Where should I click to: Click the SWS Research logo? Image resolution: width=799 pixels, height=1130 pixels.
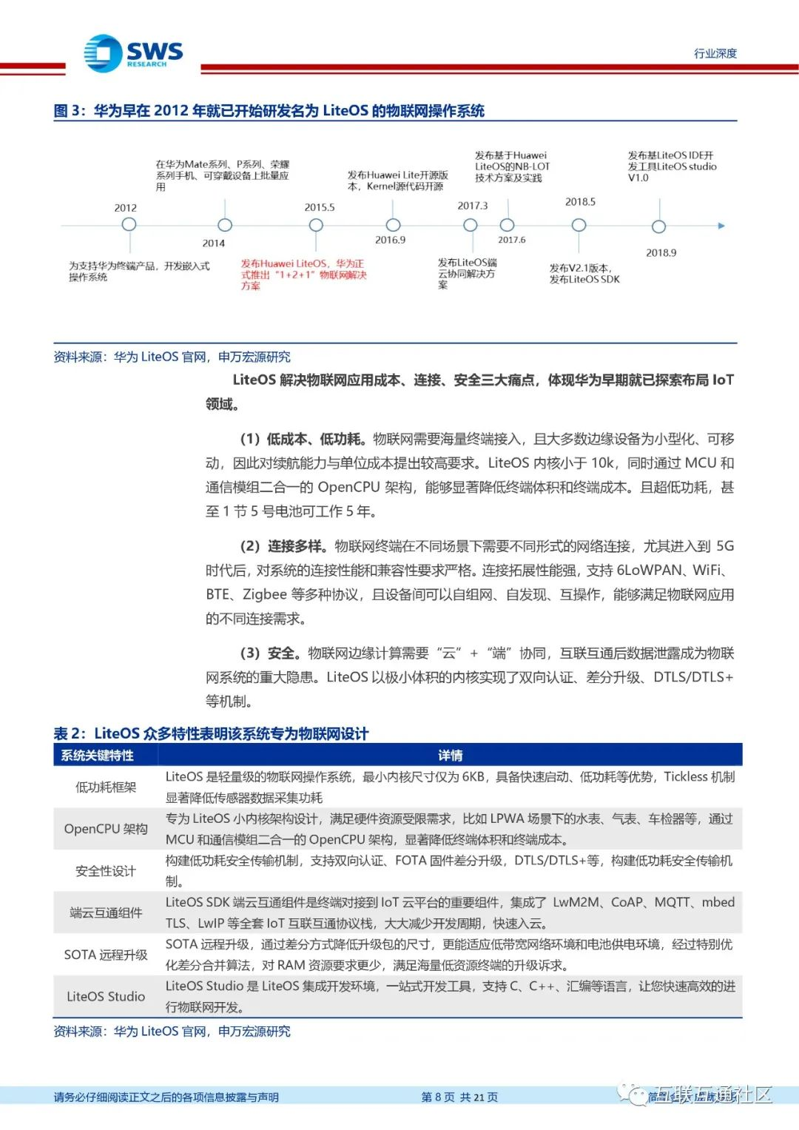pyautogui.click(x=133, y=53)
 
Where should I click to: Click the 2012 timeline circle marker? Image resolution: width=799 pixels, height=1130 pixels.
pyautogui.click(x=129, y=224)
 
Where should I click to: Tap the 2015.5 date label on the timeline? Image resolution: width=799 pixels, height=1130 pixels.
pyautogui.click(x=320, y=207)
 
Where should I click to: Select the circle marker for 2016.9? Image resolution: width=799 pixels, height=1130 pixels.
pyautogui.click(x=394, y=225)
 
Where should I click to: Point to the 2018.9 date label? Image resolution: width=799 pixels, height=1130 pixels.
pyautogui.click(x=661, y=252)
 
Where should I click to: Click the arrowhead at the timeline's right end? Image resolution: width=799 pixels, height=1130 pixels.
pyautogui.click(x=721, y=226)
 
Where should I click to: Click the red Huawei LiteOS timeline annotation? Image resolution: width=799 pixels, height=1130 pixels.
pyautogui.click(x=303, y=274)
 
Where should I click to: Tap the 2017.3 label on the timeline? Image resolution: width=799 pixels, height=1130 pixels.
pyautogui.click(x=472, y=206)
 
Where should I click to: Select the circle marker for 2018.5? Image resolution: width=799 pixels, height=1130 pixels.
pyautogui.click(x=579, y=225)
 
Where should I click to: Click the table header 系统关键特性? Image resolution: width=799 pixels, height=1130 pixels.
pyautogui.click(x=98, y=756)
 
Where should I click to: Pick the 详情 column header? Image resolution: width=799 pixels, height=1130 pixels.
pyautogui.click(x=450, y=756)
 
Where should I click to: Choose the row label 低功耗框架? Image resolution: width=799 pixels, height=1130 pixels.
pyautogui.click(x=106, y=787)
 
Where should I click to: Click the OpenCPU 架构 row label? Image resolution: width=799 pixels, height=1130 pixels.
pyautogui.click(x=106, y=829)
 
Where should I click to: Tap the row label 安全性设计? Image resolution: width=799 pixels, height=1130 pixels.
pyautogui.click(x=106, y=871)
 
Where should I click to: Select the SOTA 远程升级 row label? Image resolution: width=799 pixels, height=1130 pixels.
pyautogui.click(x=106, y=955)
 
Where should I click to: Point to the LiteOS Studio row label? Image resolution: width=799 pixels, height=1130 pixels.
pyautogui.click(x=106, y=996)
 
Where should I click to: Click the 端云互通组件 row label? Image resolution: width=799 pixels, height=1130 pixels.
pyautogui.click(x=106, y=912)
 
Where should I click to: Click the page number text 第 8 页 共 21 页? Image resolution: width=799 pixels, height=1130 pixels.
pyautogui.click(x=459, y=1097)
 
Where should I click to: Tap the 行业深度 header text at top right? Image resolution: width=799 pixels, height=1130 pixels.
pyautogui.click(x=715, y=53)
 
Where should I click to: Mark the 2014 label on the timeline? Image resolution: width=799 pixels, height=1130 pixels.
pyautogui.click(x=214, y=243)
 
